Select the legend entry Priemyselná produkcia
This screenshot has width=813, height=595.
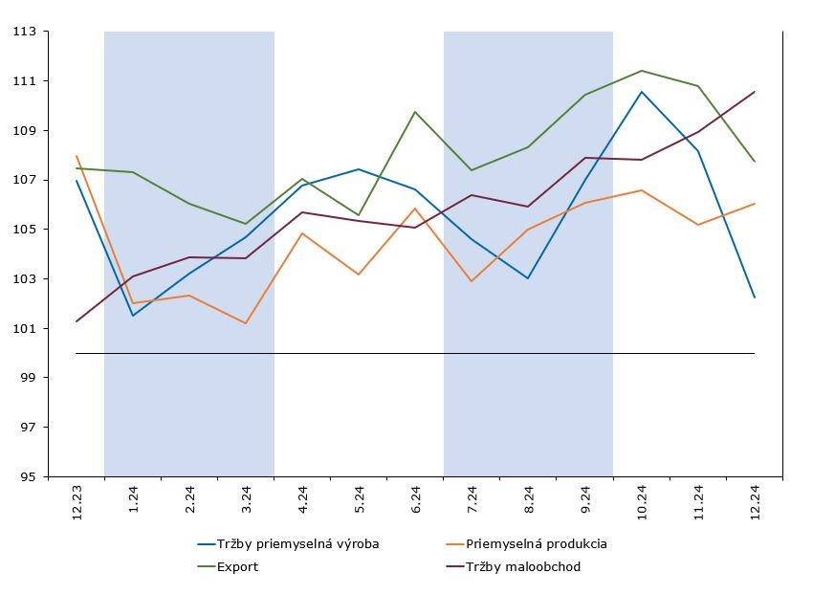(537, 544)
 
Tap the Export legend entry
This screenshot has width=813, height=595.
(237, 566)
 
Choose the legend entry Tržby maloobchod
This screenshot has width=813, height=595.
(522, 566)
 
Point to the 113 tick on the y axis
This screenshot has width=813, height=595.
(24, 32)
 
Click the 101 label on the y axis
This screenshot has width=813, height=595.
(24, 329)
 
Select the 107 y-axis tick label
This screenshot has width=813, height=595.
(24, 180)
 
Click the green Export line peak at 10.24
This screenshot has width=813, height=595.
(642, 71)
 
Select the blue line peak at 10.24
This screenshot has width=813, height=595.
(642, 92)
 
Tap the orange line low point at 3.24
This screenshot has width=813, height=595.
(246, 323)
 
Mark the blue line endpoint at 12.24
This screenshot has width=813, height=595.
(755, 297)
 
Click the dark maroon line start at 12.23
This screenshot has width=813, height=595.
(77, 321)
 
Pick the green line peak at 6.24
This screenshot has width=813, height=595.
(415, 112)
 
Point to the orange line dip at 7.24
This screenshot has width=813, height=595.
(472, 281)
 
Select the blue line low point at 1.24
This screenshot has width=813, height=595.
(133, 316)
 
